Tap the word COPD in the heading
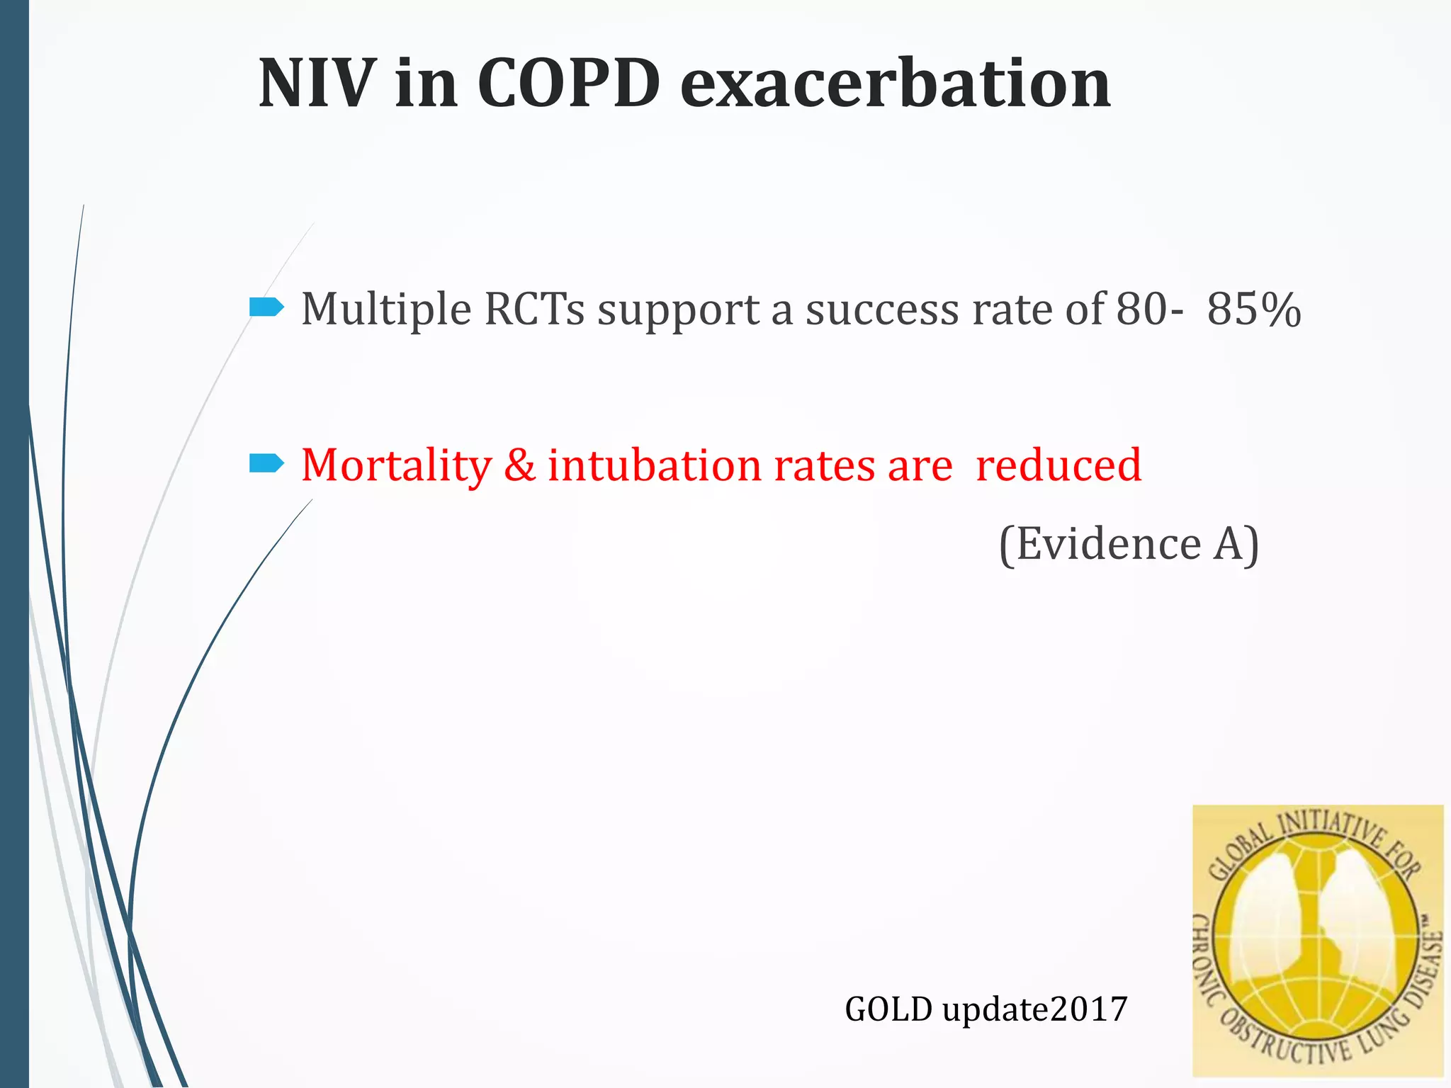point(569,84)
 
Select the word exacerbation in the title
point(895,84)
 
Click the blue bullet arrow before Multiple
point(266,307)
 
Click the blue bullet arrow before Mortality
point(266,464)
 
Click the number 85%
point(1253,310)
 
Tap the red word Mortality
point(396,466)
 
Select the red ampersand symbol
point(520,466)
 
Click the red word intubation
point(655,466)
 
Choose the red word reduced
point(1058,466)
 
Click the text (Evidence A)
point(1129,544)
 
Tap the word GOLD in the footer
point(888,1009)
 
